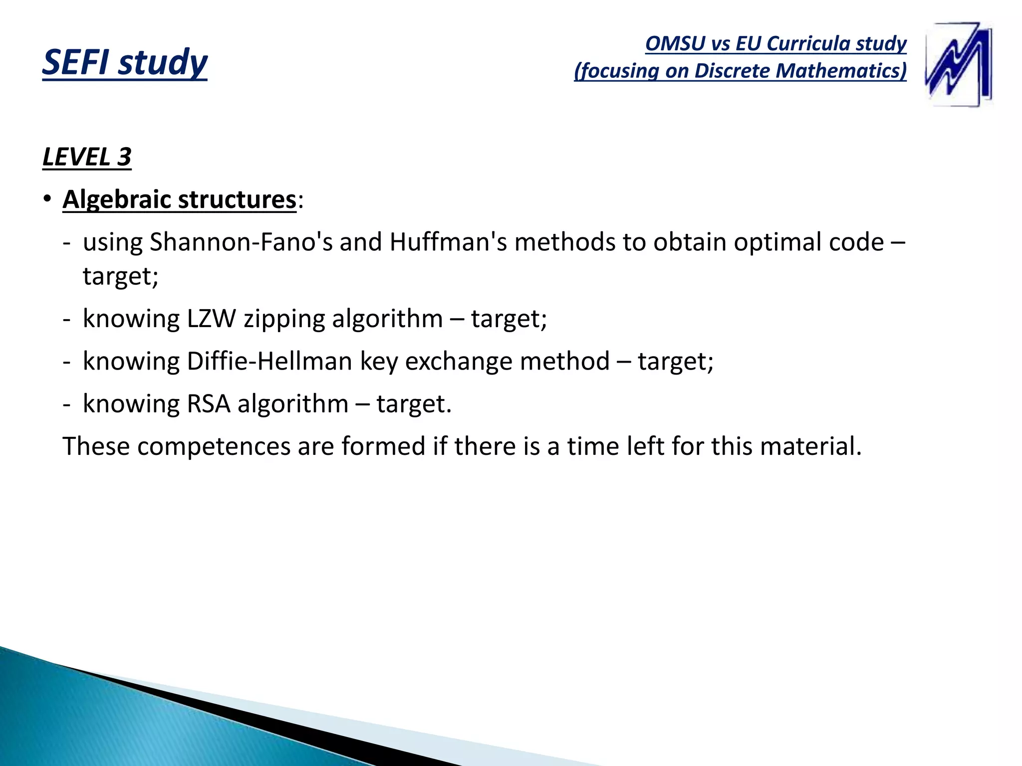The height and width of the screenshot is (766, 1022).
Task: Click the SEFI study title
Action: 125,62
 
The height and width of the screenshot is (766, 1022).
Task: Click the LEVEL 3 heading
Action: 87,157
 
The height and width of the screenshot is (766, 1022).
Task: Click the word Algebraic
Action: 116,200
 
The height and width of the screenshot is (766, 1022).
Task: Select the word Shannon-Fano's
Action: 241,242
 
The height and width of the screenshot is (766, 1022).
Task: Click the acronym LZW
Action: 211,319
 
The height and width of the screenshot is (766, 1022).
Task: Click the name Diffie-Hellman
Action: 269,361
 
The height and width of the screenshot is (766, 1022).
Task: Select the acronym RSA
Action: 208,404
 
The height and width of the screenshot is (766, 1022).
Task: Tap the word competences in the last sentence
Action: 214,446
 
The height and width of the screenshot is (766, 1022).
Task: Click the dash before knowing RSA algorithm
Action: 67,404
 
